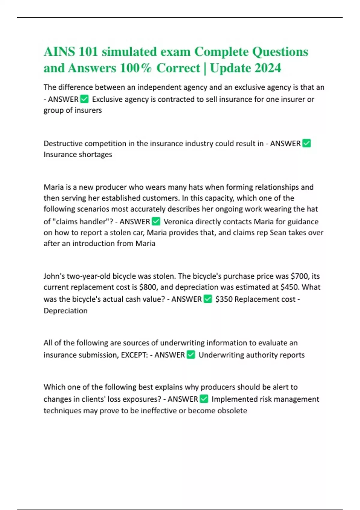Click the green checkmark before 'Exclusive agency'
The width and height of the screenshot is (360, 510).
(85, 99)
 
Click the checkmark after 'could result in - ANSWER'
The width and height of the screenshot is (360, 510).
(307, 143)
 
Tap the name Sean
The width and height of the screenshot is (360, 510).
(278, 232)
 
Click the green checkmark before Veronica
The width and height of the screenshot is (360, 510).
(156, 222)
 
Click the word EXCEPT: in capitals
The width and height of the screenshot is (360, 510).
(134, 355)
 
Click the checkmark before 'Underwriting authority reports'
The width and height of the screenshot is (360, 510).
(191, 355)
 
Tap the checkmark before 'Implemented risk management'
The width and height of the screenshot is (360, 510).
(204, 399)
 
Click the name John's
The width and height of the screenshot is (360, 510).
(54, 276)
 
